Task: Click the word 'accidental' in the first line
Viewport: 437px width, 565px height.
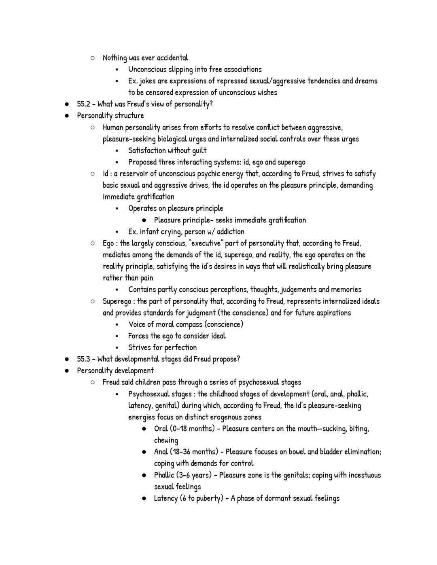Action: click(x=172, y=58)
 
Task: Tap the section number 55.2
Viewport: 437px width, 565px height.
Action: click(x=83, y=104)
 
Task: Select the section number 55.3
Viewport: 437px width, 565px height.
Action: click(x=83, y=359)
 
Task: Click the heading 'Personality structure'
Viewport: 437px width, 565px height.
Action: click(x=110, y=116)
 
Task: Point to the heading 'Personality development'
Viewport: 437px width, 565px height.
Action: click(x=115, y=371)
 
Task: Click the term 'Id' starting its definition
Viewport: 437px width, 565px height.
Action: click(x=105, y=174)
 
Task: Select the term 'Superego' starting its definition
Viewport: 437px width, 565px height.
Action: click(x=117, y=301)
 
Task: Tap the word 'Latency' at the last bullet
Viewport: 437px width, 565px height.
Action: click(x=165, y=498)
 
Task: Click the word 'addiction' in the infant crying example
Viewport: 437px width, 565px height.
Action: click(x=230, y=232)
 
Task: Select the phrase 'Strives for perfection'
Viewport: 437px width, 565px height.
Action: click(x=162, y=347)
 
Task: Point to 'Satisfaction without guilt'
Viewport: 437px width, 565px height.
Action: click(x=167, y=150)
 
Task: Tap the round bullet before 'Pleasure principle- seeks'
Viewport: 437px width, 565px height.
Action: click(x=144, y=220)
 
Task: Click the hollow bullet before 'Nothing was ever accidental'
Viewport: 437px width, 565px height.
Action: click(x=93, y=58)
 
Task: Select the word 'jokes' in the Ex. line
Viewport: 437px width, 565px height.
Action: click(x=147, y=81)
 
